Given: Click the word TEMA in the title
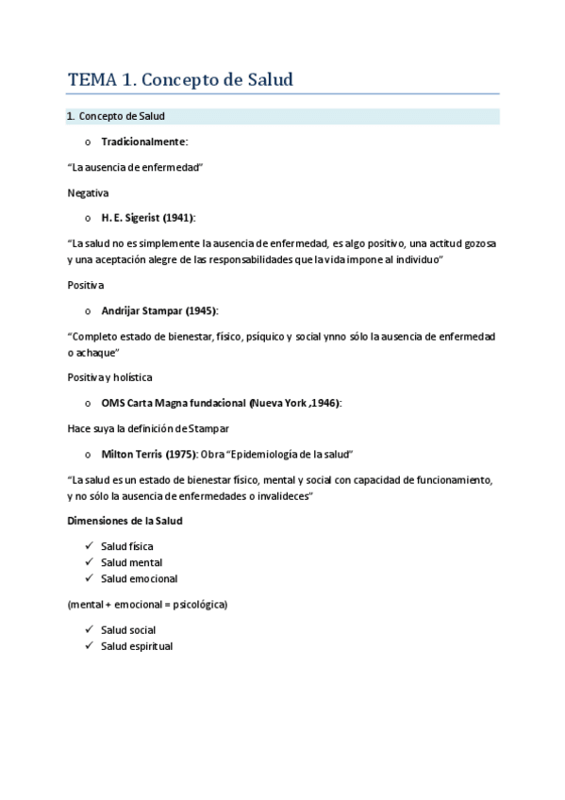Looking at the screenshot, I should point(88,80).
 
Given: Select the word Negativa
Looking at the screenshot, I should point(88,192).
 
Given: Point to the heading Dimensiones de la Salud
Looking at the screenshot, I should point(125,521).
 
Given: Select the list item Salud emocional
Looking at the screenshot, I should point(139,578).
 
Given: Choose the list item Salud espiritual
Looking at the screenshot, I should point(137,646).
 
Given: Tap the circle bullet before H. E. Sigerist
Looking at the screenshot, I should point(88,218).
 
